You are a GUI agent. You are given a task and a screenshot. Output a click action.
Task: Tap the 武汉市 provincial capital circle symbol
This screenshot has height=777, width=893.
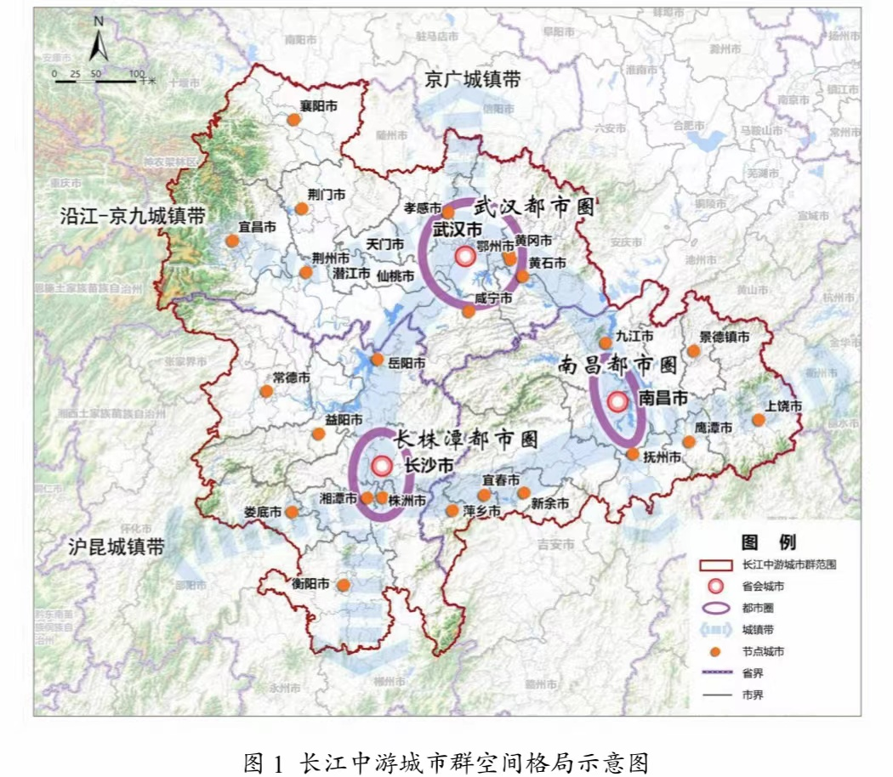point(464,256)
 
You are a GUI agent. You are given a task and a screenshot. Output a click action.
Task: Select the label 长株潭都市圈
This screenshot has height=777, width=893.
point(465,439)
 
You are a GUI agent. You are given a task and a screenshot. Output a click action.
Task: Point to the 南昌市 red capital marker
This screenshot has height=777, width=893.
point(617,401)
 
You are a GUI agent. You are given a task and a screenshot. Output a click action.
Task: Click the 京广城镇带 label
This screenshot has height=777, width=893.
point(473,80)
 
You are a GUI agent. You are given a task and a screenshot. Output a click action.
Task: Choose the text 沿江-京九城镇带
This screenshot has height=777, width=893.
point(133,216)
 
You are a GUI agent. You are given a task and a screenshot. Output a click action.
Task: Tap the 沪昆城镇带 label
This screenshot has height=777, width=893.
point(117,547)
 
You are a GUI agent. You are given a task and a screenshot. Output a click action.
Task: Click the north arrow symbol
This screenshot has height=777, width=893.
point(98,44)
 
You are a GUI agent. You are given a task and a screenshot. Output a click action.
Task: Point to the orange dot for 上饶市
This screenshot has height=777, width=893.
point(758,419)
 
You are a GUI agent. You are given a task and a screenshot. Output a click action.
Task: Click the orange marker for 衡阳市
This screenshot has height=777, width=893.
point(343,585)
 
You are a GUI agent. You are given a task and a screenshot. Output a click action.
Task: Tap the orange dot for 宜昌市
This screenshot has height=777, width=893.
point(232,241)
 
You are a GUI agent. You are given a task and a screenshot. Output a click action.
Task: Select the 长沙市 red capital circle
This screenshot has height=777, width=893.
point(382,465)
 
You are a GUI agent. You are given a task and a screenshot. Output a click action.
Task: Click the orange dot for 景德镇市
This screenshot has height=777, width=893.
point(694,350)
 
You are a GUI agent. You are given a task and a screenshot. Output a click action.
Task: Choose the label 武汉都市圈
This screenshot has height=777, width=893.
point(533,207)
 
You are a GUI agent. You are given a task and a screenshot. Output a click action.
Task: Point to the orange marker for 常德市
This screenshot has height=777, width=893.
point(266,391)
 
